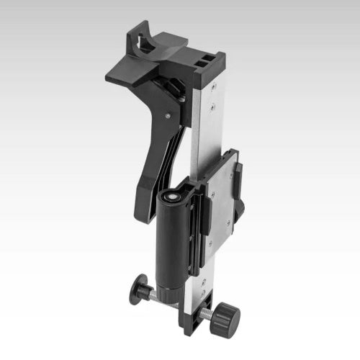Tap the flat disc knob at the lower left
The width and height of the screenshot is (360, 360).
(138, 290)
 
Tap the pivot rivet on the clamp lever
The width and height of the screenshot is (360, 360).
(168, 113)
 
